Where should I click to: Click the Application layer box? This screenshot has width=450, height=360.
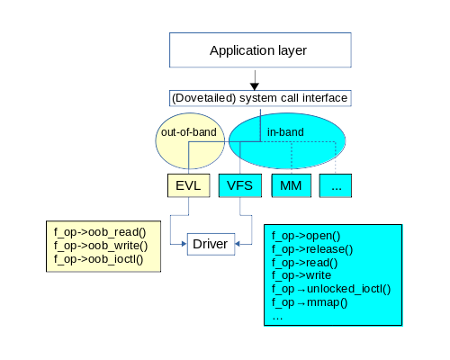point(260,50)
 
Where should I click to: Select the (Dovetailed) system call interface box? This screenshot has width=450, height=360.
point(260,98)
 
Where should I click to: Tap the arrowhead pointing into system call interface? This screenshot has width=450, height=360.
point(255,86)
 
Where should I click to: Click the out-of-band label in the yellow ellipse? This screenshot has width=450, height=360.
point(189,132)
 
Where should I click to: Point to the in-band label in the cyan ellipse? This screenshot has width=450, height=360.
point(285,132)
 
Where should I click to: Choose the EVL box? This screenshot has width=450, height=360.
point(188,185)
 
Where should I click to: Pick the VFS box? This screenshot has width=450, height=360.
point(240,185)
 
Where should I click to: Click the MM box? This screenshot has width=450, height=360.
point(291,185)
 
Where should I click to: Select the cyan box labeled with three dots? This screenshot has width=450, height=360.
point(336,185)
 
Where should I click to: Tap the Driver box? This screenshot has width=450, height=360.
point(211,244)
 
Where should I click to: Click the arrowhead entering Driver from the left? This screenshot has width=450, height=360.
point(184,244)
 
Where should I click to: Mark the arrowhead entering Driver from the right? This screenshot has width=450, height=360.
point(238,244)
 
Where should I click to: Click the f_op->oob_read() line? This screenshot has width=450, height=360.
point(100,232)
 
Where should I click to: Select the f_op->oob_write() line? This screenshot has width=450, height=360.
point(101,246)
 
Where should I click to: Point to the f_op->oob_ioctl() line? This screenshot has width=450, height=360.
point(98,259)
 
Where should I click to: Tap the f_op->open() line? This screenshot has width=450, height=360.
point(306,236)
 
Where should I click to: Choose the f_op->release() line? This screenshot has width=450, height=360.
point(312,249)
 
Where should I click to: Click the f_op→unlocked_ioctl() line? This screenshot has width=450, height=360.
point(331,289)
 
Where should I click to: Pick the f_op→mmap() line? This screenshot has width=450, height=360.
point(310,302)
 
